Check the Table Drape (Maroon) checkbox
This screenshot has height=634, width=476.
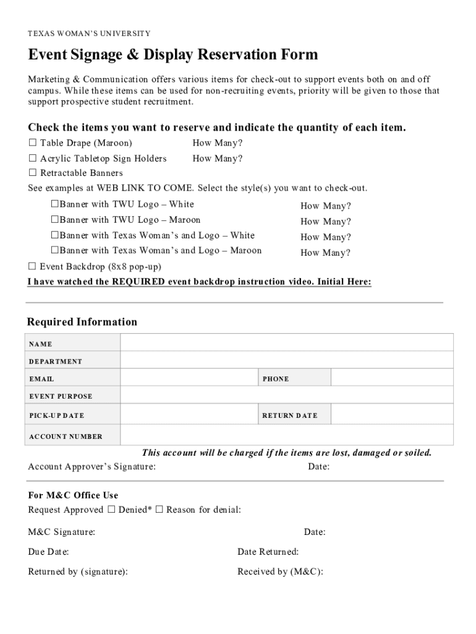32,143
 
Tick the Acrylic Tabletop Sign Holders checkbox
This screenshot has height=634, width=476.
32,158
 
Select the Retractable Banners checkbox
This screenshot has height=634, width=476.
32,173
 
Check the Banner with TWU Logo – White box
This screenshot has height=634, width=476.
54,204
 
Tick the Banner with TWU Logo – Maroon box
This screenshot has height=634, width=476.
54,220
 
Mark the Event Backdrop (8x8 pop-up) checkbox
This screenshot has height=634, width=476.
32,267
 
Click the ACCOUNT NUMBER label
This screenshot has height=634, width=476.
66,436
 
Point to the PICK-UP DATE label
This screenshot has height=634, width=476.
56,415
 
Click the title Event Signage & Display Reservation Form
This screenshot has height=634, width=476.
173,55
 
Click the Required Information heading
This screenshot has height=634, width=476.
82,322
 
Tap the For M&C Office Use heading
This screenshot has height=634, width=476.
73,495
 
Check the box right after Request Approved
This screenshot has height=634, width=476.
111,510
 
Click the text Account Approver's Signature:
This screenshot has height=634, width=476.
91,467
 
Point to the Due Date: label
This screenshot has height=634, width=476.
48,552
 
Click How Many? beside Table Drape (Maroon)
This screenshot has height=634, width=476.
218,143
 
